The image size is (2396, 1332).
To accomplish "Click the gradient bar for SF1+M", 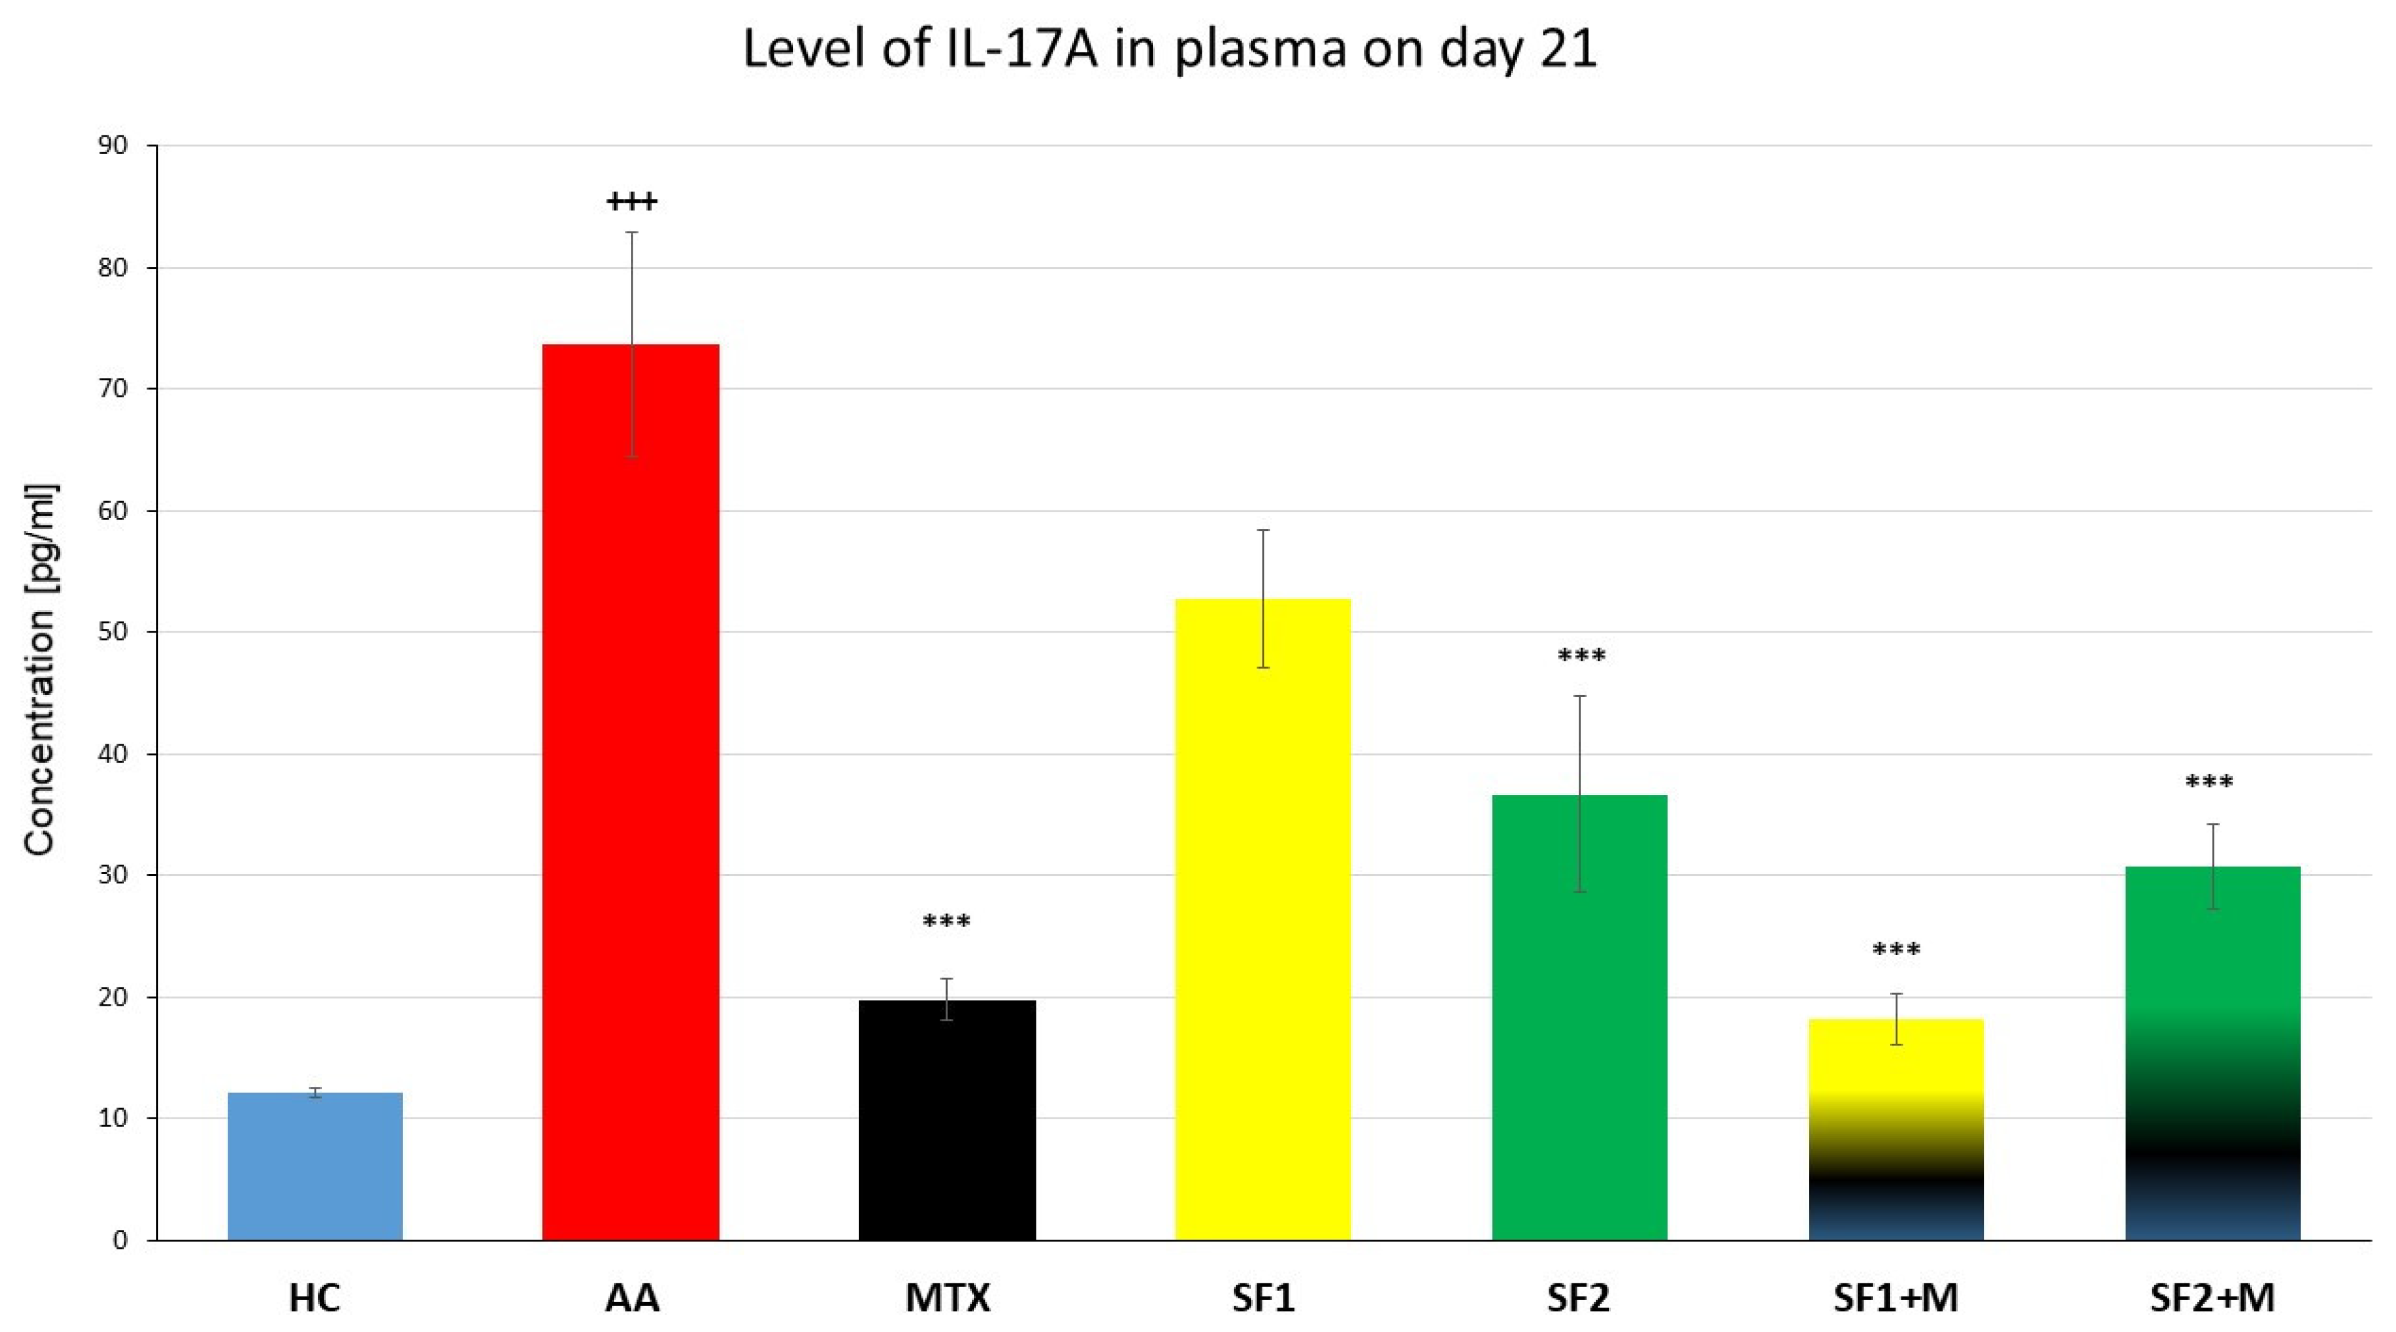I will pos(1896,1129).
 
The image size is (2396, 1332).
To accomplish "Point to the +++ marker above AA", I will pos(631,201).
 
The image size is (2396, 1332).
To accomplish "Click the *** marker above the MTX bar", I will pos(947,923).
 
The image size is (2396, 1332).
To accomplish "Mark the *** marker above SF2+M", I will pos(2209,783).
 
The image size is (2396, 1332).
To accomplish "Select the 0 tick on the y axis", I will pos(120,1241).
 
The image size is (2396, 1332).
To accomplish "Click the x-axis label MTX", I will pos(947,1298).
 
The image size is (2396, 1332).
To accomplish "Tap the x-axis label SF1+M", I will pos(1896,1298).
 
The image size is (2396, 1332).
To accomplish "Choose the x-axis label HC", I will pos(314,1298).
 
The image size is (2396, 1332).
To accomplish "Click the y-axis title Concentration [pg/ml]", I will pos(41,669).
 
